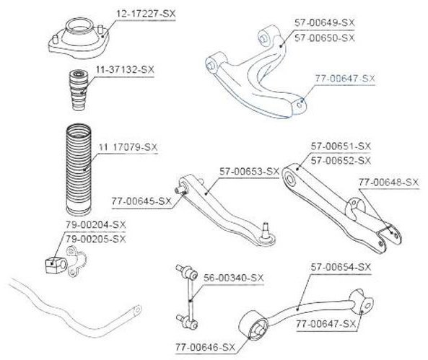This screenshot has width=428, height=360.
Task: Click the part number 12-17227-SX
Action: pyautogui.click(x=146, y=14)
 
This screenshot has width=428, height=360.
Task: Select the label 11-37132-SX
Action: pyautogui.click(x=125, y=69)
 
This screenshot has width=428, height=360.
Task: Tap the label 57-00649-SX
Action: pyautogui.click(x=324, y=22)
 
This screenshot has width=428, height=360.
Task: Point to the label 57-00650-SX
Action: pyautogui.click(x=324, y=38)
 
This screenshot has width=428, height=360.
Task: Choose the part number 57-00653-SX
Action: pyautogui.click(x=249, y=172)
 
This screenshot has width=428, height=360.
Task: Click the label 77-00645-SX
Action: pyautogui.click(x=141, y=201)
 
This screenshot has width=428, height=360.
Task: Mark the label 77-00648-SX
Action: pyautogui.click(x=388, y=182)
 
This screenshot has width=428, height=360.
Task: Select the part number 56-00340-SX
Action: pyautogui.click(x=234, y=278)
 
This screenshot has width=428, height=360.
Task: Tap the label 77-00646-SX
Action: pyautogui.click(x=205, y=348)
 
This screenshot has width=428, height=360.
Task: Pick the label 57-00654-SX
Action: pyautogui.click(x=341, y=267)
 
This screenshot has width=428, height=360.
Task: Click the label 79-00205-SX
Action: pyautogui.click(x=95, y=239)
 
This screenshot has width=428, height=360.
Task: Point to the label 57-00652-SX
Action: pyautogui.click(x=341, y=161)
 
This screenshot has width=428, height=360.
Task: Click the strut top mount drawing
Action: pyautogui.click(x=79, y=39)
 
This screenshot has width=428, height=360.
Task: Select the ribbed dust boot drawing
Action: pyautogui.click(x=79, y=170)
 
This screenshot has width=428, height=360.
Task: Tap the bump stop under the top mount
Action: pyautogui.click(x=78, y=90)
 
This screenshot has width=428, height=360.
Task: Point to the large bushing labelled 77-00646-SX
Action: pyautogui.click(x=253, y=325)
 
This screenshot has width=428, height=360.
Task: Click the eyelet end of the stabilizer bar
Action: pyautogui.click(x=136, y=310)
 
